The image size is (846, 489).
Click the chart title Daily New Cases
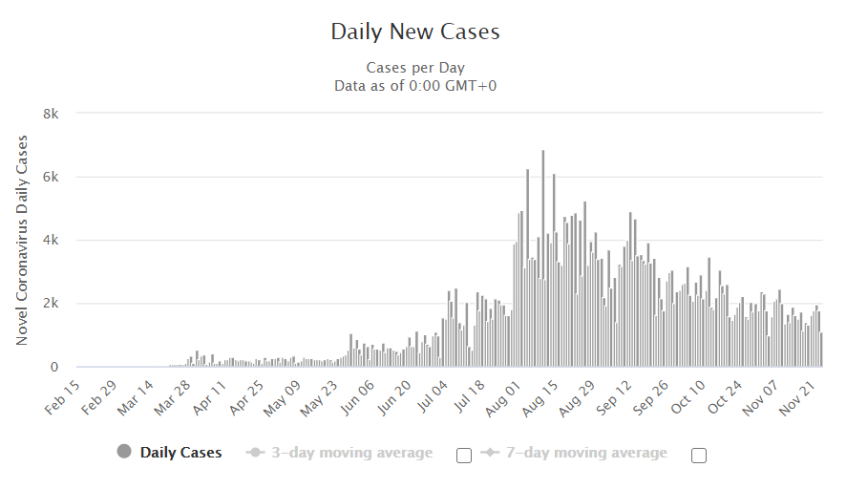415,32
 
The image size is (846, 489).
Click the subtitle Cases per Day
415,68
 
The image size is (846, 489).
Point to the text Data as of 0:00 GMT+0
415,86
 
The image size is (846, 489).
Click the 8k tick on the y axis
51,114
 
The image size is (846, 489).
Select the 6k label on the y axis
51,177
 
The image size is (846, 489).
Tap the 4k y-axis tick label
51,241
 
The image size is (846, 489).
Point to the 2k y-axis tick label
51,304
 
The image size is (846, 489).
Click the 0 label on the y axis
54,367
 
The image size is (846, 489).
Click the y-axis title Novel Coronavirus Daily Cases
22,240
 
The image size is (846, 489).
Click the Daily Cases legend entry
180,453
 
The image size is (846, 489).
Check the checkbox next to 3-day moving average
464,455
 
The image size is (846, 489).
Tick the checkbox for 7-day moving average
698,455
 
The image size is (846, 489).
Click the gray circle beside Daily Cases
124,452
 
